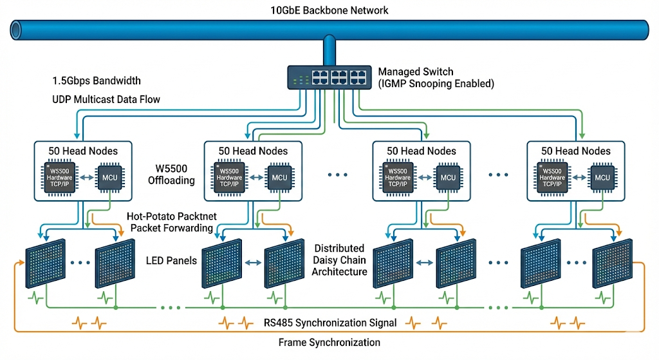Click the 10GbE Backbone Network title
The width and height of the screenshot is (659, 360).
(x=329, y=10)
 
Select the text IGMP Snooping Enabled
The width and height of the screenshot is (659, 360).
(x=436, y=83)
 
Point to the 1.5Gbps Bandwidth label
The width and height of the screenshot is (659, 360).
(x=97, y=81)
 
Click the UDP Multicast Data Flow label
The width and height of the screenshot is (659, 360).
(x=106, y=99)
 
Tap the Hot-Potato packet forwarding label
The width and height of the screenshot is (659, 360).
(x=171, y=222)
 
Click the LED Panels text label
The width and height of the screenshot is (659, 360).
(x=171, y=260)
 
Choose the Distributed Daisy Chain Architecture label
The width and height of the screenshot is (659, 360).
(x=339, y=260)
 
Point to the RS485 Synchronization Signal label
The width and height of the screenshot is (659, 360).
(x=329, y=322)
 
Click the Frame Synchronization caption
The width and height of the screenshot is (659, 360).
(x=329, y=342)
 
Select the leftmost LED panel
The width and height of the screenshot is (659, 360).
(x=44, y=265)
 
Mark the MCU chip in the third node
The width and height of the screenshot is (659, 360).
(x=448, y=177)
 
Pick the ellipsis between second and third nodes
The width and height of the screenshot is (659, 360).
(x=339, y=175)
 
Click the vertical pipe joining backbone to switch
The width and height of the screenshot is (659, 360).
(x=329, y=51)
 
